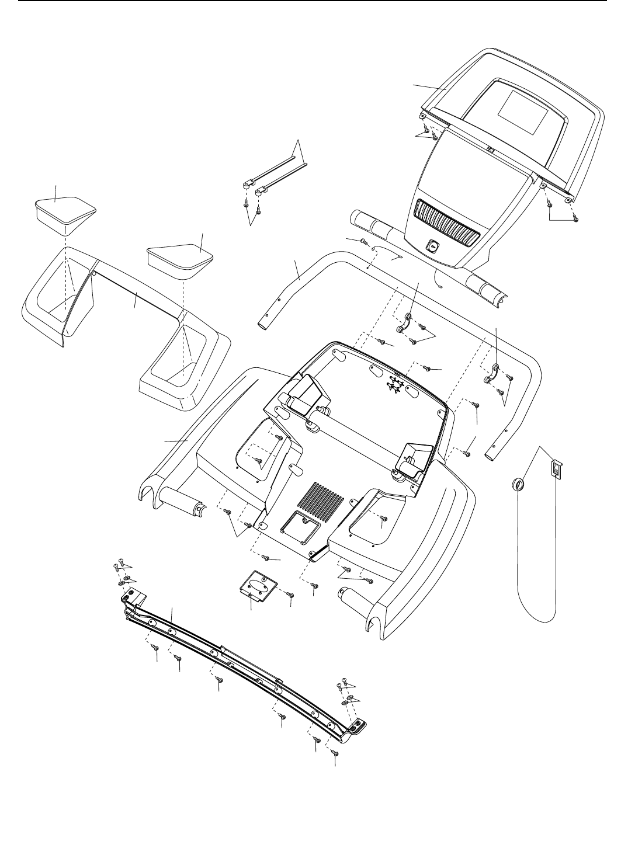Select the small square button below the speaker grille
coord(433,246)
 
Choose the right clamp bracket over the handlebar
coord(492,374)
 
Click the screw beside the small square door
coord(291,595)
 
